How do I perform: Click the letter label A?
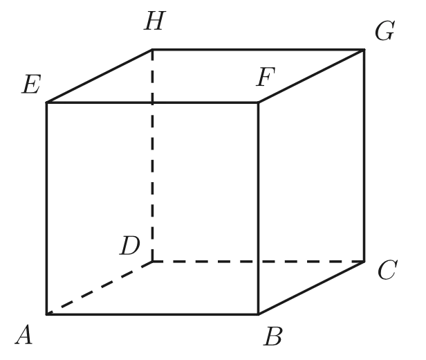coord(23,337)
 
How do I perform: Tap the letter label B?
coord(274,336)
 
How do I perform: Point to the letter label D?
coord(131,244)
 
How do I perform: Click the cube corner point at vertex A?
coord(47,314)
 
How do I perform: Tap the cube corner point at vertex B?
coord(259,314)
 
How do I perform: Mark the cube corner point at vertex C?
coord(364,262)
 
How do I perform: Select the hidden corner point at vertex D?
coord(152,262)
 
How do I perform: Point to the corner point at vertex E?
coord(47,102)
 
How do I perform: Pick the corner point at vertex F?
coord(259,102)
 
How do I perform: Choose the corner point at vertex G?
coord(364,49)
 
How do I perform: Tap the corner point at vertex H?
coord(152,49)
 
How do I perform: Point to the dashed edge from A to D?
coord(100,288)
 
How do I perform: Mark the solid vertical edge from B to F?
coord(259,208)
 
